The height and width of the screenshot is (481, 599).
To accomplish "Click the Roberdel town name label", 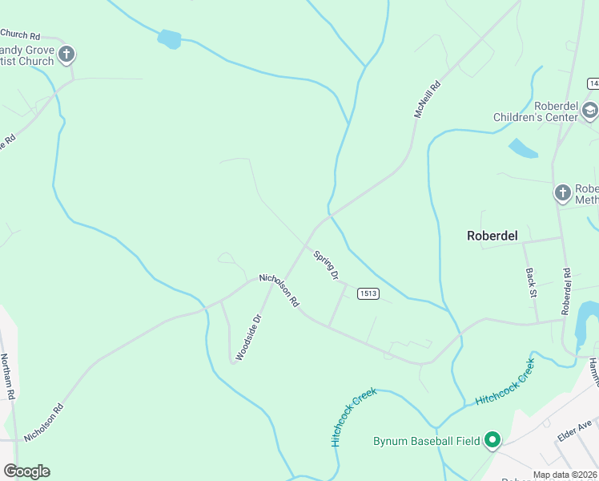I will pos(492,236).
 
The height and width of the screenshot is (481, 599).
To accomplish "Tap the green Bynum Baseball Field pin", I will pos(492,440).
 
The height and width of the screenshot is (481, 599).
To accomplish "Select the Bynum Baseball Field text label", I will pos(427,441).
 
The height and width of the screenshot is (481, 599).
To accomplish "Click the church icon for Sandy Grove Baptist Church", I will pos(66,55).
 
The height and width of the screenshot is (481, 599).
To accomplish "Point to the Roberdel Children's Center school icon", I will pos(589,111).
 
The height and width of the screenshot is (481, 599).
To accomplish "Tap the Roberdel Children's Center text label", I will pos(535,111).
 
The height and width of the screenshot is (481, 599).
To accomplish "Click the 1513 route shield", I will pos(368,293).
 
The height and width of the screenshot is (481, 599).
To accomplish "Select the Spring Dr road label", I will pos(327,265).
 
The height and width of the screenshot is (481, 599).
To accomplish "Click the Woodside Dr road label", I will pos(248,336).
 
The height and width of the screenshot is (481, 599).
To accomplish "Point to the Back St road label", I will pos(531,283).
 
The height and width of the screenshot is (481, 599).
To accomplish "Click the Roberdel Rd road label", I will pos(566,290).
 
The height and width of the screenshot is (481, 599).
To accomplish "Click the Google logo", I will pos(26,471).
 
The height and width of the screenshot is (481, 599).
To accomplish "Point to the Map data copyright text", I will pos(565,475).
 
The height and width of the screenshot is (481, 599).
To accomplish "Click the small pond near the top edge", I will pos(169,38).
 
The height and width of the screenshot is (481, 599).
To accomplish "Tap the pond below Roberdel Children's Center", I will pos(523,148).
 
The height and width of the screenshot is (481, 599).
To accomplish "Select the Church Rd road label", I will pos(20,34).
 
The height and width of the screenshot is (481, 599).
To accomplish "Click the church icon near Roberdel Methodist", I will pos(563,192).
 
